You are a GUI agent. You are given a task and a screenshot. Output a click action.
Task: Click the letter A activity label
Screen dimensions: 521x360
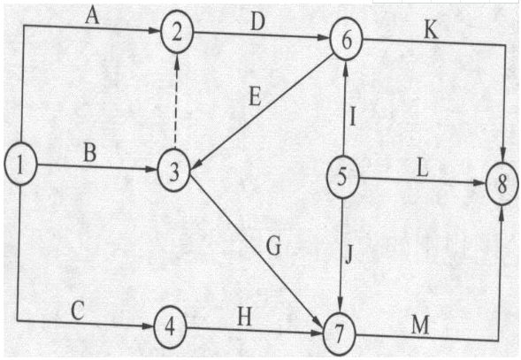pyautogui.click(x=92, y=16)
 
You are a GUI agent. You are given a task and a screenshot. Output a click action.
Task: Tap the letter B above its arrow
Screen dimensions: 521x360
pyautogui.click(x=89, y=153)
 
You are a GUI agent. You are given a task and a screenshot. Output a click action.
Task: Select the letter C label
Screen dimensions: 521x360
pyautogui.click(x=78, y=310)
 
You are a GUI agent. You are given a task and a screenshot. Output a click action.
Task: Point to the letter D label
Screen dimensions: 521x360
pyautogui.click(x=257, y=22)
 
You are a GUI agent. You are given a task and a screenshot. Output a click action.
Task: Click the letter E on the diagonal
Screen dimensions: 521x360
pyautogui.click(x=255, y=97)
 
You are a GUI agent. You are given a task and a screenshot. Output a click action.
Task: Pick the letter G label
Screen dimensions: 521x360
pyautogui.click(x=273, y=246)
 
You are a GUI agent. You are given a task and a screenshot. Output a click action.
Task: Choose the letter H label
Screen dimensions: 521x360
pyautogui.click(x=244, y=317)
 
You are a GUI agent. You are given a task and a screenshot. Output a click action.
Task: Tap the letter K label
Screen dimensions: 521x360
pyautogui.click(x=431, y=31)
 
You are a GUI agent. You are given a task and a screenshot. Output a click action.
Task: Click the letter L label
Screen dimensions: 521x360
pyautogui.click(x=422, y=169)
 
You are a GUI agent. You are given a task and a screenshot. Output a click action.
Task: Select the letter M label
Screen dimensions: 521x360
pyautogui.click(x=420, y=325)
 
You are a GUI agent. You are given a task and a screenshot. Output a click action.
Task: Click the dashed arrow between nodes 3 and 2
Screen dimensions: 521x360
pyautogui.click(x=176, y=101)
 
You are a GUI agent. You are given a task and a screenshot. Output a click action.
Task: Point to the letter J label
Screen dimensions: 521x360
pyautogui.click(x=349, y=254)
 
